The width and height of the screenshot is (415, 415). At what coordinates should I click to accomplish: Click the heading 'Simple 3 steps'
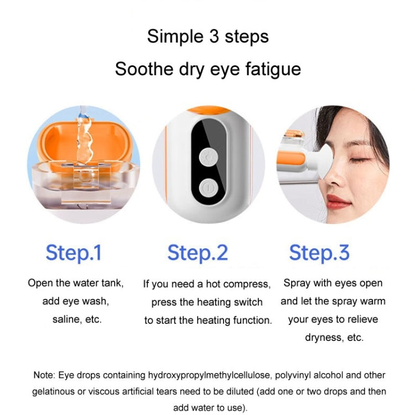coord(207,37)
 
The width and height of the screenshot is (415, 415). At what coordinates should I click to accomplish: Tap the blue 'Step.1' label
coord(74,252)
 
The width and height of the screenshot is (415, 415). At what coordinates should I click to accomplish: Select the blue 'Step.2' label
coord(198,252)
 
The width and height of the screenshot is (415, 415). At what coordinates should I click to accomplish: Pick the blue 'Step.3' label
coord(319,252)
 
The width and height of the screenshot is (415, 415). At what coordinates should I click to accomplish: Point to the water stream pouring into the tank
coord(83,133)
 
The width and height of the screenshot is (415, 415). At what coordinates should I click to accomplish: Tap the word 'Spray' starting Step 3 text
coord(296,283)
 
